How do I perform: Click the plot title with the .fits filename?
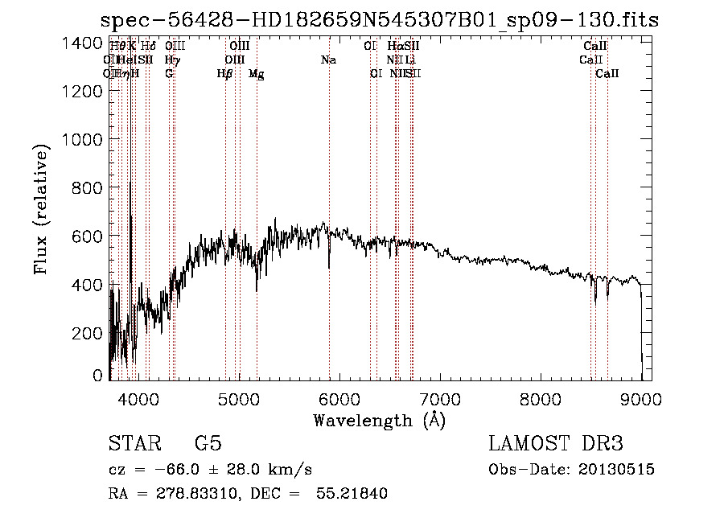tap(379, 20)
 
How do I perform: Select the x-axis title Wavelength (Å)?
tap(379, 420)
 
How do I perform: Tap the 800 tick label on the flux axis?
tap(87, 187)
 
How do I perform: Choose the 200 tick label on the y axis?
tap(87, 332)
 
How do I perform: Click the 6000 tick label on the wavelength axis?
tap(339, 397)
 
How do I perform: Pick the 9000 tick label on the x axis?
tap(641, 397)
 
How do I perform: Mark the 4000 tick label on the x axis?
tap(138, 397)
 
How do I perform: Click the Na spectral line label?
tap(328, 60)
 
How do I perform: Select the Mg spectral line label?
tap(256, 74)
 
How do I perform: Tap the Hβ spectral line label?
tap(225, 74)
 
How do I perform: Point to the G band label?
tap(169, 74)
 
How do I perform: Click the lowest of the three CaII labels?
tap(607, 74)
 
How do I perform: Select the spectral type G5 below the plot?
tap(208, 444)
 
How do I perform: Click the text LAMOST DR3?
tap(556, 444)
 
